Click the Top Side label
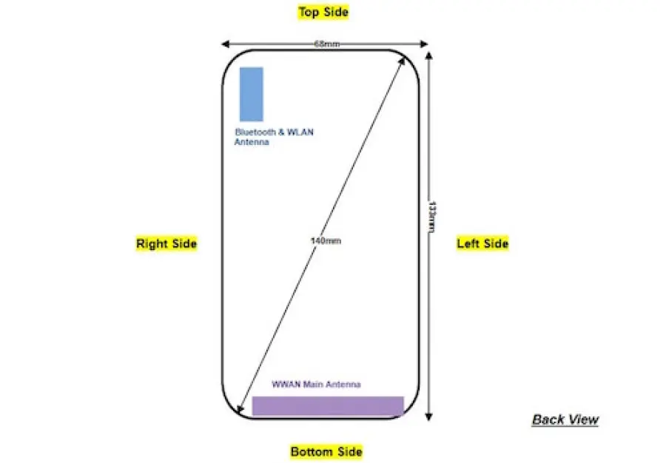click(x=323, y=12)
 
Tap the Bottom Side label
click(x=326, y=451)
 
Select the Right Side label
click(x=166, y=243)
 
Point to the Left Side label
click(x=482, y=243)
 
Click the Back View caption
click(x=565, y=420)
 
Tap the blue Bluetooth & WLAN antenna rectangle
click(x=251, y=93)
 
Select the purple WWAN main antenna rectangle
click(x=328, y=406)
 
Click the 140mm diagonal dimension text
click(x=326, y=241)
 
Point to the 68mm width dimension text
click(x=326, y=44)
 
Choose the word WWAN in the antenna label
click(x=284, y=385)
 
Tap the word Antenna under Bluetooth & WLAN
click(x=252, y=142)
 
